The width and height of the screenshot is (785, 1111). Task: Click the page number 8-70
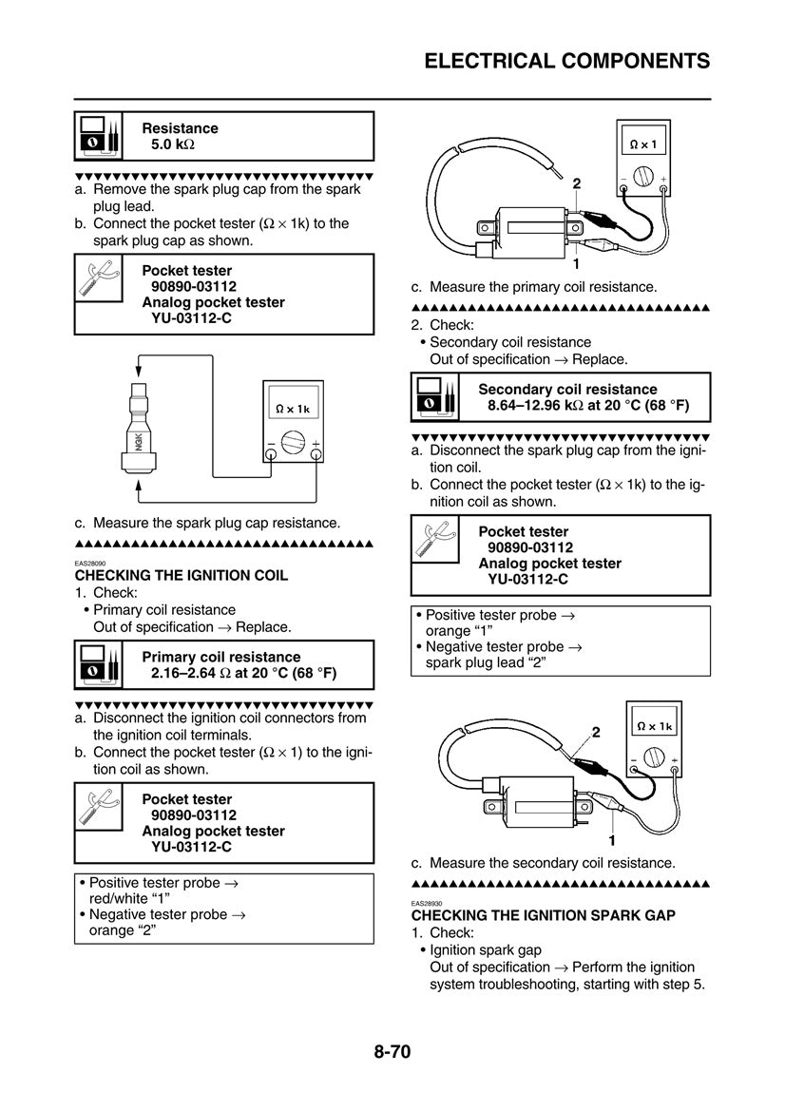tap(392, 1052)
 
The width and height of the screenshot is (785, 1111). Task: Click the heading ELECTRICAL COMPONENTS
tap(566, 61)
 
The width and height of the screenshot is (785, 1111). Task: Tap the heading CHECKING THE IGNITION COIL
tap(181, 576)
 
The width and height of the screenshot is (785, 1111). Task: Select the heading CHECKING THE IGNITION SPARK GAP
tap(543, 915)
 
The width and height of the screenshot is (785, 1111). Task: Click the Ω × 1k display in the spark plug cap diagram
tap(293, 409)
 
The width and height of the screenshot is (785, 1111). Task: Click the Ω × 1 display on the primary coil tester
tap(643, 145)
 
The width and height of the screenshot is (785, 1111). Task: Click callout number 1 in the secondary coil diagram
tap(612, 839)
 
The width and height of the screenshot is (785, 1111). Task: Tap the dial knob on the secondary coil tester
tap(654, 757)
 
